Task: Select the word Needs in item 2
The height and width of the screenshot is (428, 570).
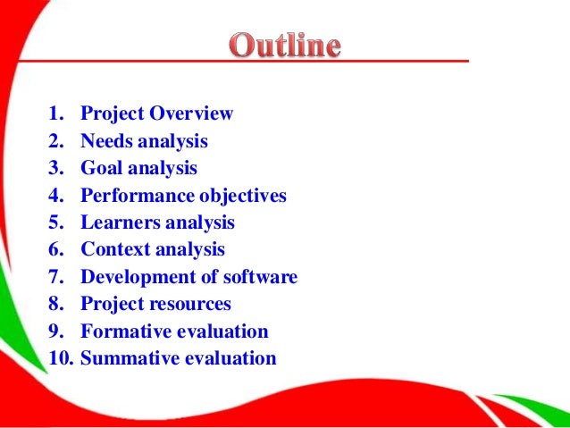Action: (106, 141)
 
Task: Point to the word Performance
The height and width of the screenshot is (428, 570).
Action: (135, 196)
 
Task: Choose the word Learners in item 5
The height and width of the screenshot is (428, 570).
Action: (118, 222)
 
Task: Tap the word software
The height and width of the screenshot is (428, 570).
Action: (261, 277)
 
